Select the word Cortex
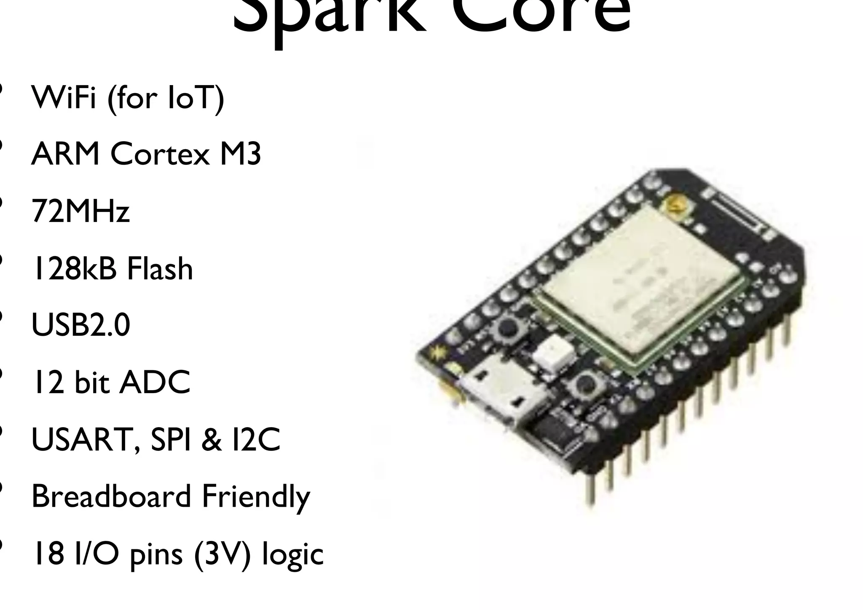pos(160,154)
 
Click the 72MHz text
pos(80,211)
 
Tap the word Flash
pos(160,268)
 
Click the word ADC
pos(155,382)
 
